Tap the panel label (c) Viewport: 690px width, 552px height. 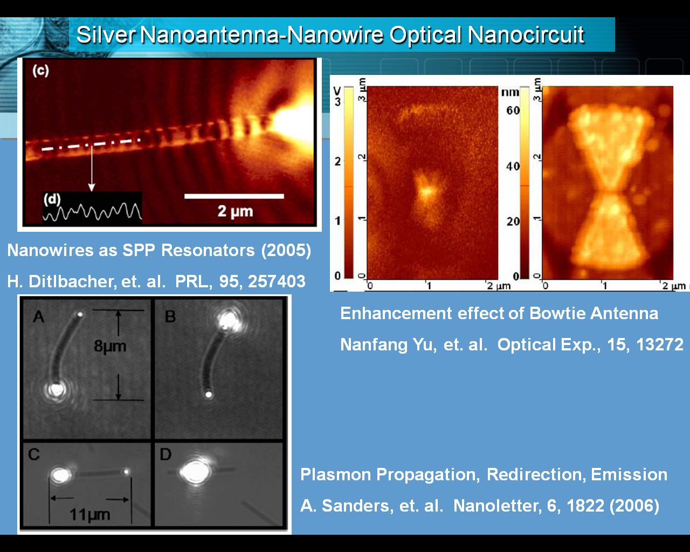(41, 70)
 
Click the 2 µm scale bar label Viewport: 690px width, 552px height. (235, 211)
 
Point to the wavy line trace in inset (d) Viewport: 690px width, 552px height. (92, 212)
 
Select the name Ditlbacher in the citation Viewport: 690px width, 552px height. (71, 281)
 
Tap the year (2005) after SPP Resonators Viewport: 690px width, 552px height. (286, 250)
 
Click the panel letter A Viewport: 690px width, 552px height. (38, 317)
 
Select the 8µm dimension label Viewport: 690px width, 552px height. (110, 346)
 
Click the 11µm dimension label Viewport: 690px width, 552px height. (90, 514)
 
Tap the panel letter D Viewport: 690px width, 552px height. (165, 454)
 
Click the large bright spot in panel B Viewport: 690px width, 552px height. (229, 321)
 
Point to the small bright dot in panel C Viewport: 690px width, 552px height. (126, 472)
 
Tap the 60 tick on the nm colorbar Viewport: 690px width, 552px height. (513, 111)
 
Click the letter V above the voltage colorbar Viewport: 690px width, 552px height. (337, 91)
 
